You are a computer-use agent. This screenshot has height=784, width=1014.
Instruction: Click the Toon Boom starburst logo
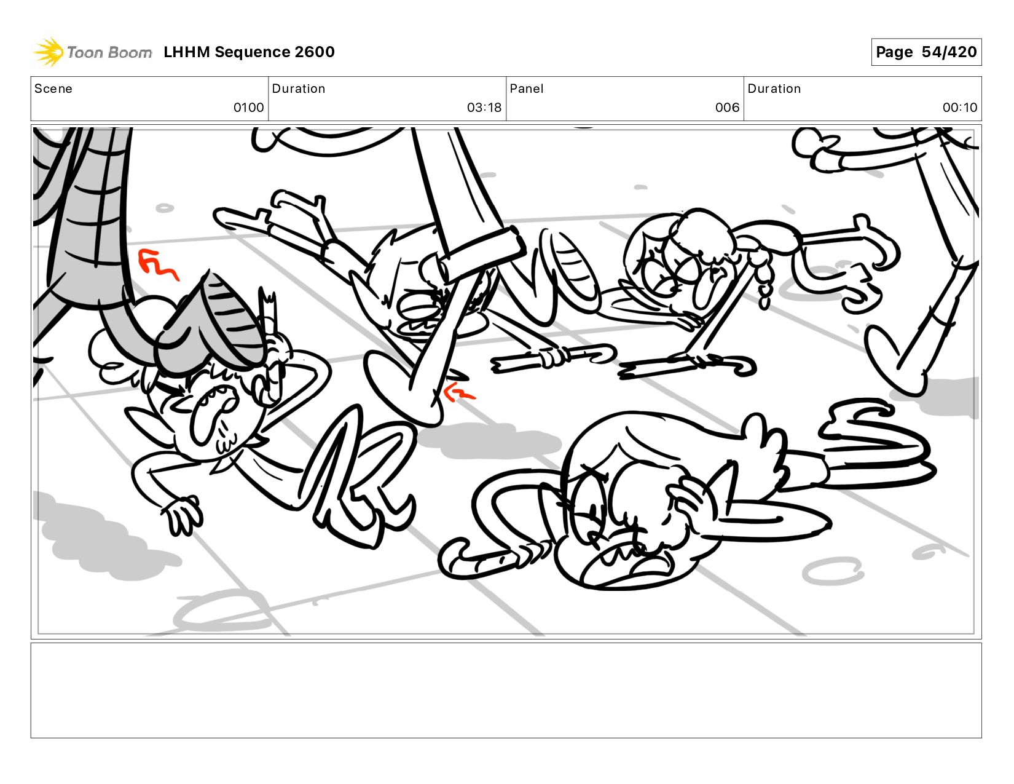(49, 52)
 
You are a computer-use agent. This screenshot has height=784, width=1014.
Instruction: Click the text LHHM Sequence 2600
(249, 52)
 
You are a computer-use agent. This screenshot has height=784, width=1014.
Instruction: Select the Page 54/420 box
(926, 52)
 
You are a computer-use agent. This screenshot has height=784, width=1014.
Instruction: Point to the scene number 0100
(249, 108)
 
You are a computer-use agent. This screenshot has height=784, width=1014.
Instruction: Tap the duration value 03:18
(484, 108)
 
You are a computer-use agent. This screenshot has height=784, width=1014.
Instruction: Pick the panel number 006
(727, 108)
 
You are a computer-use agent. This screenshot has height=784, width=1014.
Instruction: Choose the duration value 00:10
(960, 108)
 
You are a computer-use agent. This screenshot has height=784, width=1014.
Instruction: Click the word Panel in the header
(527, 89)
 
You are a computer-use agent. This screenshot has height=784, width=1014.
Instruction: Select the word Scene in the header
(53, 89)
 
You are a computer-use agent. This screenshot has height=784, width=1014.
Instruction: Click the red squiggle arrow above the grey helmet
(157, 264)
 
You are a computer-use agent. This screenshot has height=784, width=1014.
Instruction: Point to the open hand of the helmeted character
(183, 514)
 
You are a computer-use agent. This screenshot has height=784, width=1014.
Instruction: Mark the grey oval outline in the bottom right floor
(832, 571)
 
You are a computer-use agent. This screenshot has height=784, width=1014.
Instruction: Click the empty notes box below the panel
(506, 691)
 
